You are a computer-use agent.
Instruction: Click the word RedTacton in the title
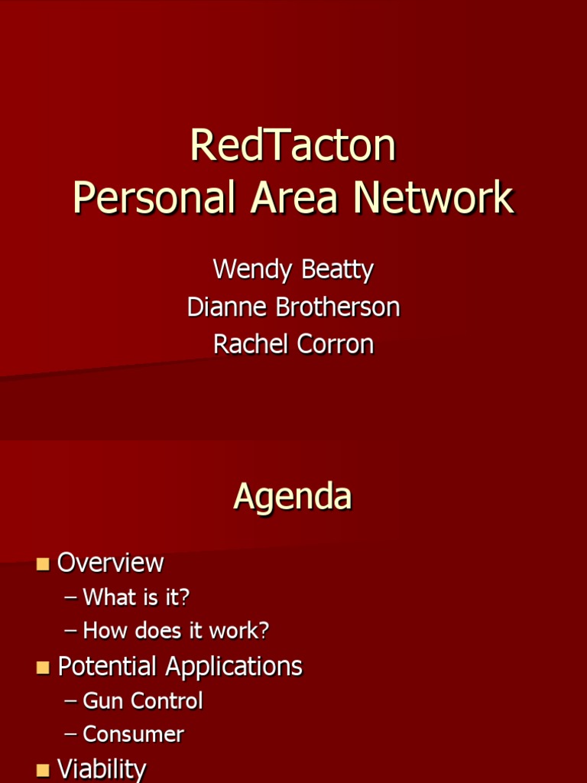tap(293, 145)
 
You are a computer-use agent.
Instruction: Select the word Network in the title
tap(433, 198)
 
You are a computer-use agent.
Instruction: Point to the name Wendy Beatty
tap(293, 270)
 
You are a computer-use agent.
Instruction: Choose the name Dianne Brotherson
tap(293, 307)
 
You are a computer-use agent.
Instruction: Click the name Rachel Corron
tap(293, 344)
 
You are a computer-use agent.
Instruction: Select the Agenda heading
tap(293, 496)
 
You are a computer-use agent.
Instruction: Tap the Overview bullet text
tap(111, 563)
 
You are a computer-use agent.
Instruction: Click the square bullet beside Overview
tap(43, 564)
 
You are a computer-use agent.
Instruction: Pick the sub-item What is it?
tap(136, 597)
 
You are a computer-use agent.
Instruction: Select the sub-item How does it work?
tap(176, 631)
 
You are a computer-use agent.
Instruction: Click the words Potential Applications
tap(180, 666)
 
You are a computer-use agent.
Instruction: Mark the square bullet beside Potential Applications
tap(43, 668)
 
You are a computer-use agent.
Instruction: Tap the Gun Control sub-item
tap(143, 700)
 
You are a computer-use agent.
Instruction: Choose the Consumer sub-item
tap(133, 734)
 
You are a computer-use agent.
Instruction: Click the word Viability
tap(102, 768)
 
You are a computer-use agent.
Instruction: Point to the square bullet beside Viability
tap(43, 770)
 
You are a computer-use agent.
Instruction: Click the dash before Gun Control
tap(71, 701)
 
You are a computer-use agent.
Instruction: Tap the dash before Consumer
tap(71, 735)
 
